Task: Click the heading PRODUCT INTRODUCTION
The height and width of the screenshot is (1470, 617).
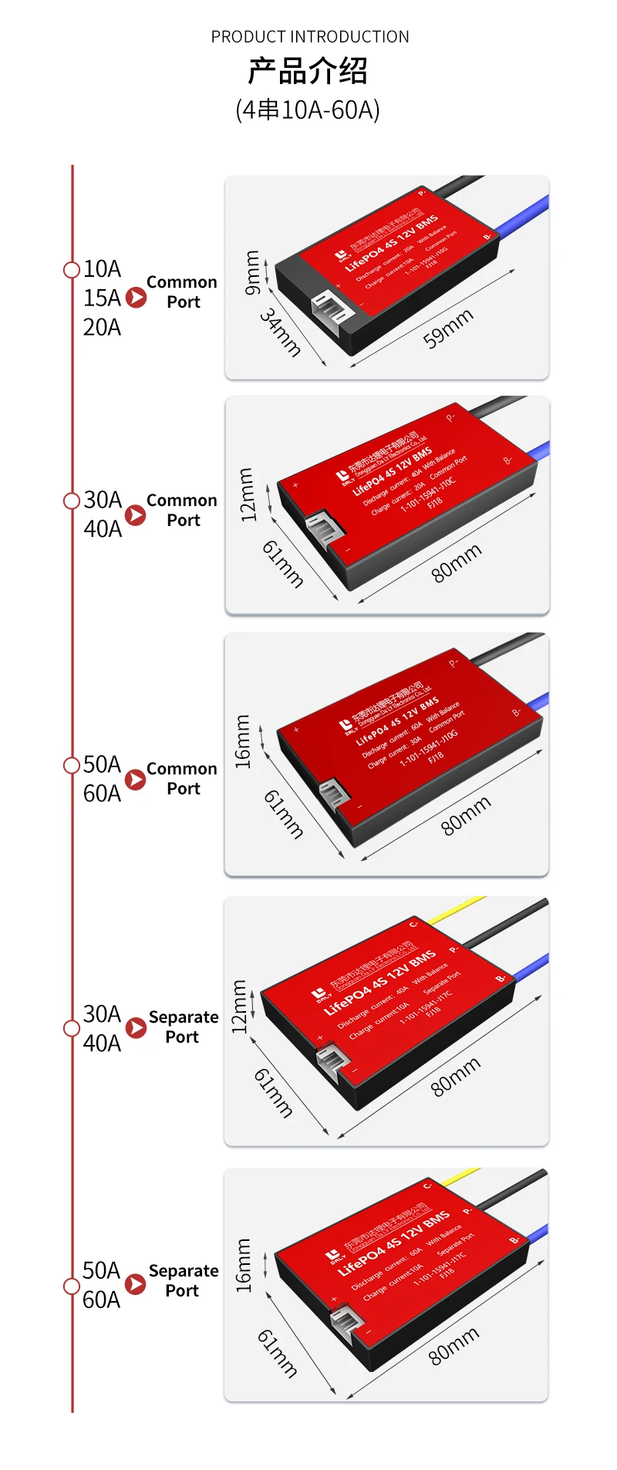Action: [310, 37]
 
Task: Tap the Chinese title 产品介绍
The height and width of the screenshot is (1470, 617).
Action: [308, 72]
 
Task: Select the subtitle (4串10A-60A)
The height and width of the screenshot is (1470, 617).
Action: [308, 110]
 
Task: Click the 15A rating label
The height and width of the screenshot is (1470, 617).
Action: [102, 298]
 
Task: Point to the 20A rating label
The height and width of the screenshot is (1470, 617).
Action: [102, 327]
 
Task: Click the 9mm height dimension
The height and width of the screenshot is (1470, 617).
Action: [252, 272]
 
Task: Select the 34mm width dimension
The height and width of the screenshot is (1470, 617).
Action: [280, 332]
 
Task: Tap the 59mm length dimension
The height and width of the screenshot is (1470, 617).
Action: [448, 329]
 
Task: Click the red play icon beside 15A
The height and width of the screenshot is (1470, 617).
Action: [136, 298]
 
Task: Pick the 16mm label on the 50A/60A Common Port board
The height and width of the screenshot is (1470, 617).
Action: [242, 741]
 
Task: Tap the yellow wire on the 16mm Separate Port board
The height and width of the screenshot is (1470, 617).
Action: [463, 1177]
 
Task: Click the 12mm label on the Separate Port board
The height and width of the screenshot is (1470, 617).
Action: [240, 1006]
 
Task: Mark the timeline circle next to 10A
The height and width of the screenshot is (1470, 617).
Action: [72, 269]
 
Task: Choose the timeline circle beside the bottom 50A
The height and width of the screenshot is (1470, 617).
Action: [72, 1285]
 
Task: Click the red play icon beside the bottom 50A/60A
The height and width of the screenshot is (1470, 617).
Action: [136, 1283]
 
